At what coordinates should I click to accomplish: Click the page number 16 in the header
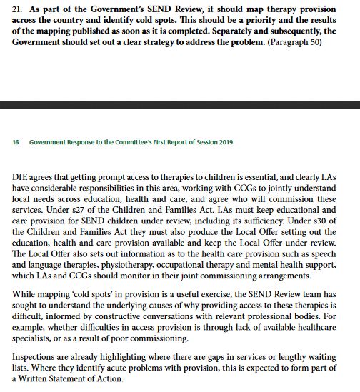pos(16,141)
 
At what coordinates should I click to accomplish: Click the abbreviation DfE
pos(21,176)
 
